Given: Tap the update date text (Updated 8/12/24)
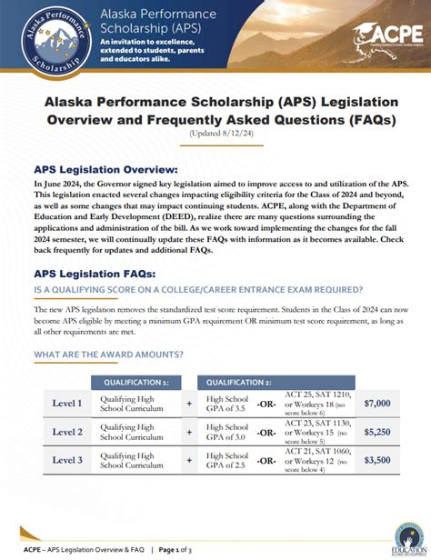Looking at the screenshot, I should (215, 135).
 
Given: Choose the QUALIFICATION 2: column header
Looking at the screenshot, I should (239, 383).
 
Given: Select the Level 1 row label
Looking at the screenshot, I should (67, 403).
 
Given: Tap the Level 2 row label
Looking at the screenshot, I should (67, 432).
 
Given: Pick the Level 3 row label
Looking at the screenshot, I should (67, 460).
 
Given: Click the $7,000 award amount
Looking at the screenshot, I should (376, 403).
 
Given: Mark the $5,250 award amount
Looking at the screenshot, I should (376, 432).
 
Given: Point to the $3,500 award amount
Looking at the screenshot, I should (376, 460).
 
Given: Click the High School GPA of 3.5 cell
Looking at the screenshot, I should (227, 403).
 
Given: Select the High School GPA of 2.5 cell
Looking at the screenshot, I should (227, 460).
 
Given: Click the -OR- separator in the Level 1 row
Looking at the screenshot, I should (266, 404).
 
